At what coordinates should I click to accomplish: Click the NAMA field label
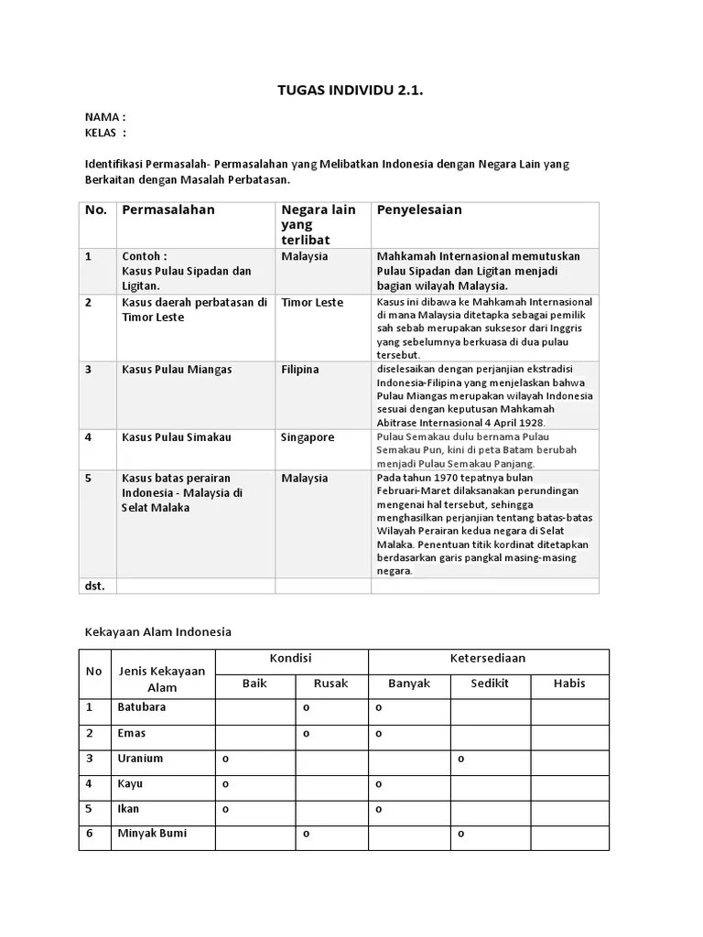pyautogui.click(x=104, y=117)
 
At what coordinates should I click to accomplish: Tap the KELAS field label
pyautogui.click(x=104, y=133)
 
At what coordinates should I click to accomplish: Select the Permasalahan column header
pyautogui.click(x=168, y=210)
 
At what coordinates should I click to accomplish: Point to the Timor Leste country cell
pyautogui.click(x=312, y=302)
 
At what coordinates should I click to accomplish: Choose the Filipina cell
pyautogui.click(x=300, y=370)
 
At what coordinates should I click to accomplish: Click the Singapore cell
pyautogui.click(x=308, y=437)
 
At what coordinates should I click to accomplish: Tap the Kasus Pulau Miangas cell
pyautogui.click(x=177, y=370)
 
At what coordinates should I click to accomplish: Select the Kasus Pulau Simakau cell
pyautogui.click(x=177, y=437)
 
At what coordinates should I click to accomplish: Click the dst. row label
pyautogui.click(x=95, y=585)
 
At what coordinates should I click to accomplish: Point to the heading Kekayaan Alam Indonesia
pyautogui.click(x=158, y=631)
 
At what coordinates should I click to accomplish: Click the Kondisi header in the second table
pyautogui.click(x=291, y=659)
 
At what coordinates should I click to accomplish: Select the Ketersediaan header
pyautogui.click(x=488, y=659)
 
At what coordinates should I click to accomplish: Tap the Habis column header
pyautogui.click(x=569, y=684)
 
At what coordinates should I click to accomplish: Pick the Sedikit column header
pyautogui.click(x=490, y=684)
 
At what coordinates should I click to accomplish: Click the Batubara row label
pyautogui.click(x=142, y=708)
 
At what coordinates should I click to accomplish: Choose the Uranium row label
pyautogui.click(x=140, y=759)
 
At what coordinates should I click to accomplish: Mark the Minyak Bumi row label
pyautogui.click(x=152, y=834)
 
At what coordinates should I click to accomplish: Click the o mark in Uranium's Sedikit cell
pyautogui.click(x=461, y=759)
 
